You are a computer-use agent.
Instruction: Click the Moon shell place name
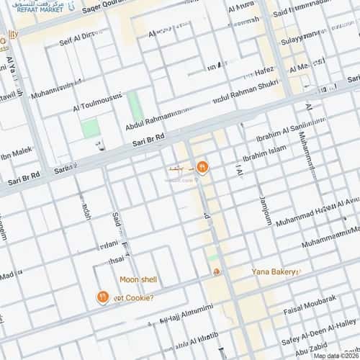coord(138,279)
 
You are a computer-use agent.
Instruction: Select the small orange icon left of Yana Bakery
coord(215,271)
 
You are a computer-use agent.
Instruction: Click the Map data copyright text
coord(336,356)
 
